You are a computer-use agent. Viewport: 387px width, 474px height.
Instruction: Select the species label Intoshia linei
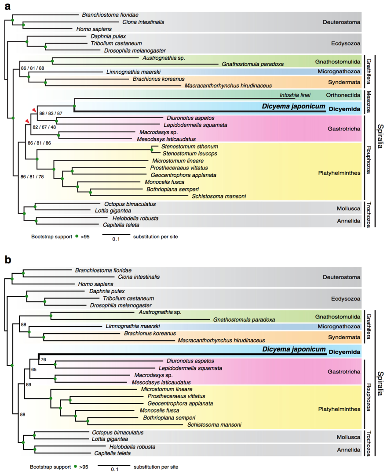pos(294,95)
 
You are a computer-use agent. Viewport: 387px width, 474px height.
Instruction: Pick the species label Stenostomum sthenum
pos(190,146)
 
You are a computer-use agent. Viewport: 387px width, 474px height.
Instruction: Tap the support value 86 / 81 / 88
pos(33,68)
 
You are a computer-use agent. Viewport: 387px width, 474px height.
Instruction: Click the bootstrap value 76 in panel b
pos(43,360)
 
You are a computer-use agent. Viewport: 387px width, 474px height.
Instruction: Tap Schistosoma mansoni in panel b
pos(214,424)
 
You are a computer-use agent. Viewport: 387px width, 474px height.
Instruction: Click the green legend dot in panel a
pos(76,236)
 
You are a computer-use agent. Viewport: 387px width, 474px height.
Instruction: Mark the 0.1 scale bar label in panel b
pos(114,469)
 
